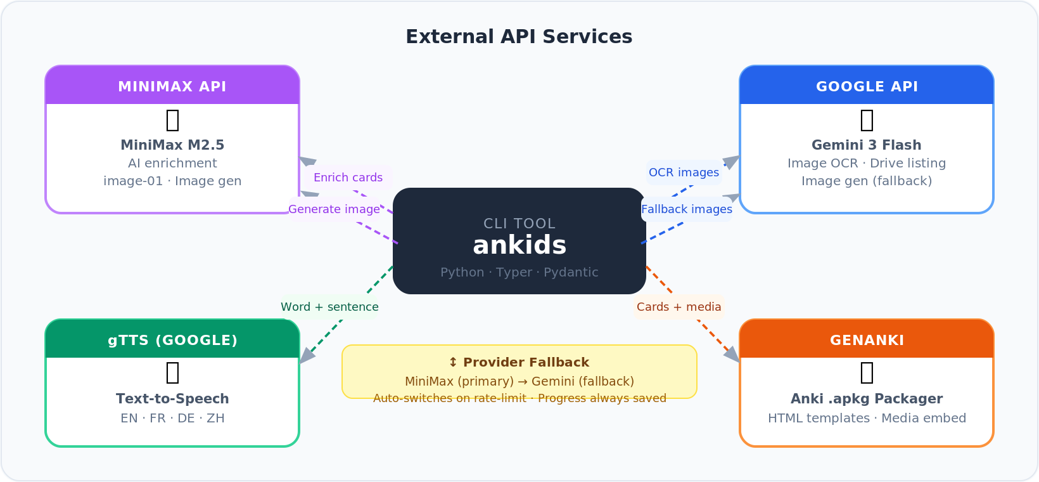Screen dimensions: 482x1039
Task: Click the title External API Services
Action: tap(519, 37)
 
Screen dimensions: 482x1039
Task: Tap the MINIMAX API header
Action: tap(172, 86)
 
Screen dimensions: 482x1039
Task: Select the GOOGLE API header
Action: tap(867, 86)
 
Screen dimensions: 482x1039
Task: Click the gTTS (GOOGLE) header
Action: tap(172, 340)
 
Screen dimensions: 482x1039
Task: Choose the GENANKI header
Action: tap(867, 340)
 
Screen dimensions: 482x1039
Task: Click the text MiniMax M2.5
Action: tap(172, 145)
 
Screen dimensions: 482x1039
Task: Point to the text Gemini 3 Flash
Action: tap(867, 145)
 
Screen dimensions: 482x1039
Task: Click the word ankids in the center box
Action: tap(519, 245)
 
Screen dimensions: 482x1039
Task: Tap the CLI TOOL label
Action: tap(519, 223)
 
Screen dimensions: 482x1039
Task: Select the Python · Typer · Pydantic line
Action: tap(519, 272)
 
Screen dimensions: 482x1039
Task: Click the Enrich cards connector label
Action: tap(348, 178)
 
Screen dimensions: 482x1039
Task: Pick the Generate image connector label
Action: tap(334, 209)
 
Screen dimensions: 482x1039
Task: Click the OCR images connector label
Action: tap(684, 173)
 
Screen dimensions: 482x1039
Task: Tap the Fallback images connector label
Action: tap(687, 209)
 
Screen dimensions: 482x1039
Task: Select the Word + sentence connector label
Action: tap(329, 307)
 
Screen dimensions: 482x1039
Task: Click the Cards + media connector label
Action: tap(679, 307)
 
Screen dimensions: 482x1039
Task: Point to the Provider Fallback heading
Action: tap(519, 362)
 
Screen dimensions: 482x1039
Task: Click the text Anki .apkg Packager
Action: tap(867, 398)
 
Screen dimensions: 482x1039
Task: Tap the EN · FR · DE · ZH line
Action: tap(172, 418)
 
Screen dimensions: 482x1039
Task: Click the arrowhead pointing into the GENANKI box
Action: tap(733, 355)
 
